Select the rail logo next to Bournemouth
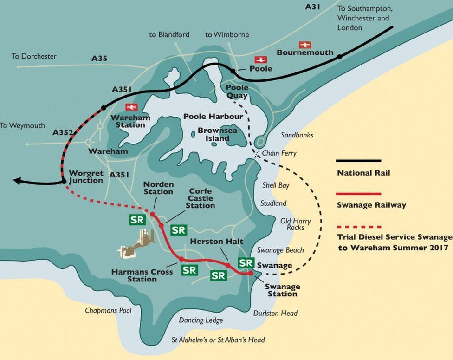[305, 45]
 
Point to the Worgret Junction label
[85, 177]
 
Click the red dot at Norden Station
[152, 214]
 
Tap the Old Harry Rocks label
[295, 224]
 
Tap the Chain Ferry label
[279, 153]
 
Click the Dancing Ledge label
[201, 320]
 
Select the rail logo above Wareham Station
[131, 107]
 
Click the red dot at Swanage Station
[251, 273]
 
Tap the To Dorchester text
[34, 56]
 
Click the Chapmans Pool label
[108, 310]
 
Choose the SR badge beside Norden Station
[137, 220]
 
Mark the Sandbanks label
[297, 135]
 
